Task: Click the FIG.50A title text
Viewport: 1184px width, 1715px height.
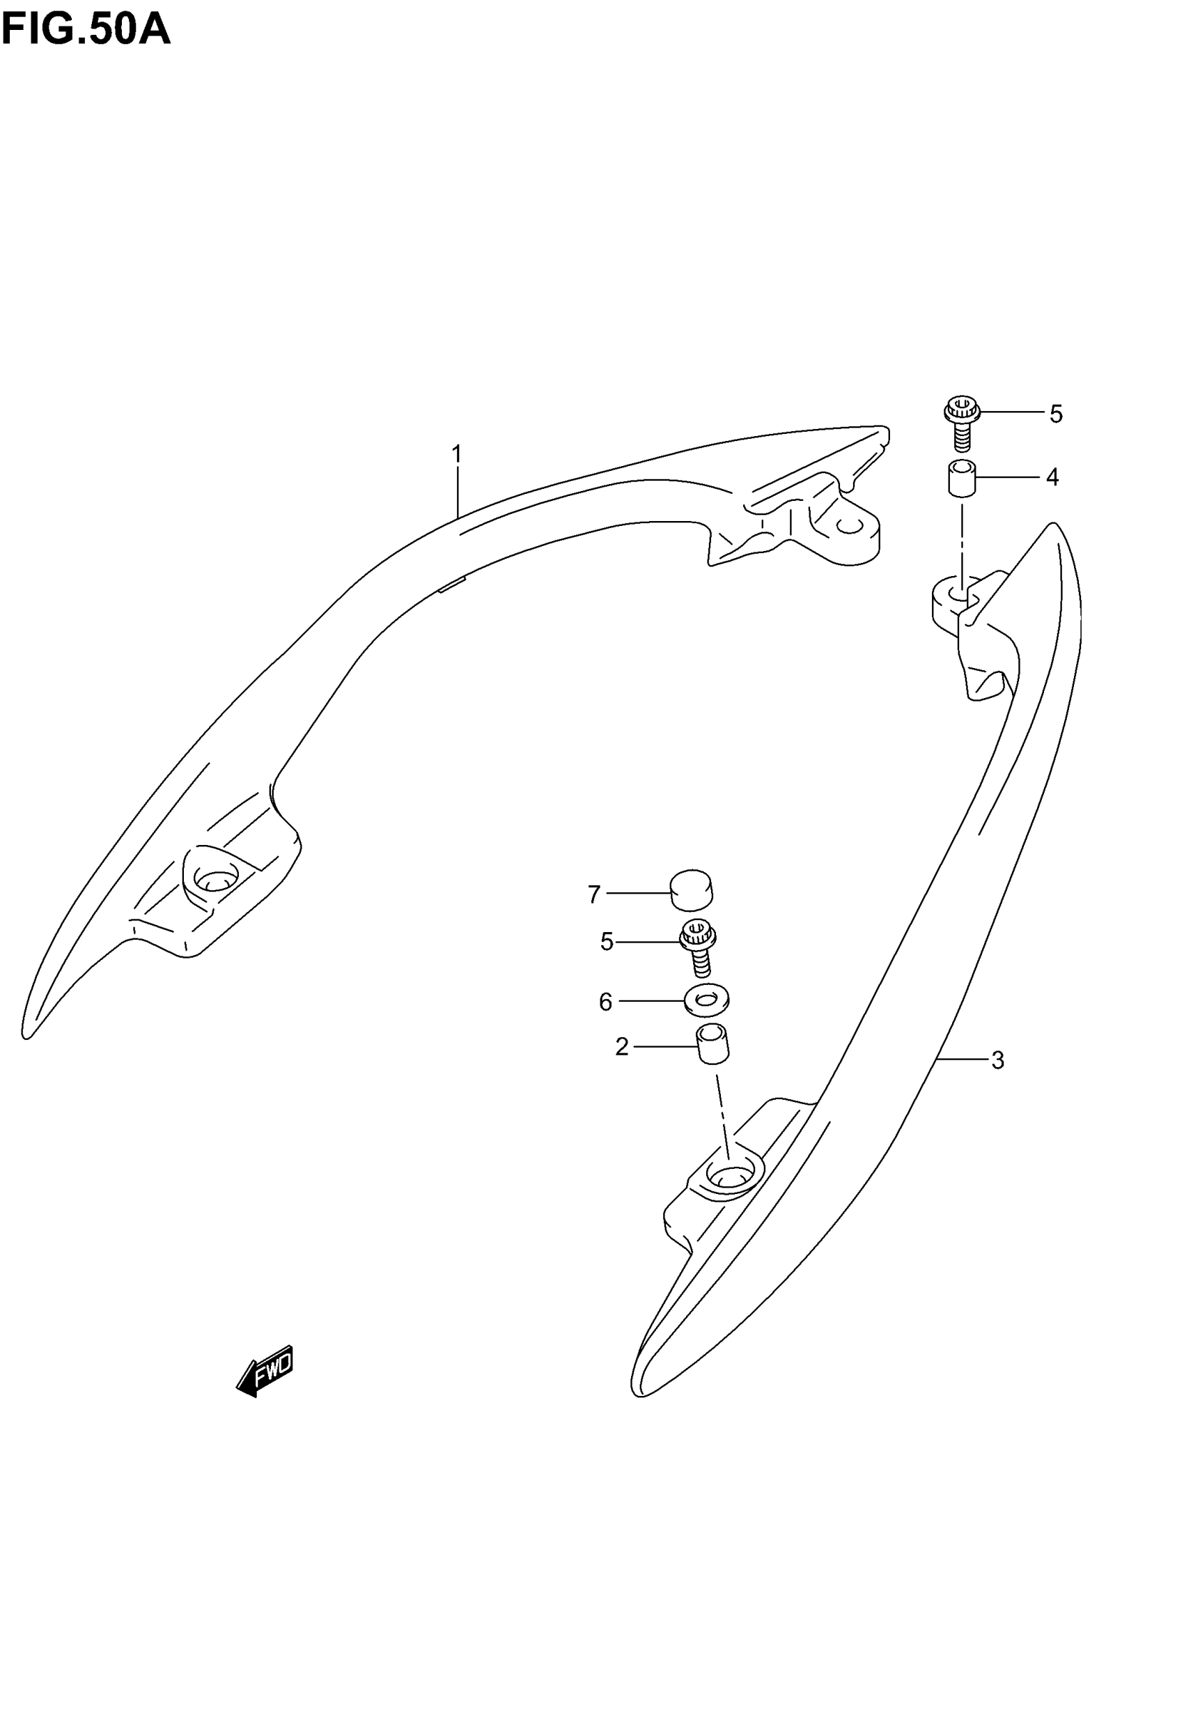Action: [86, 30]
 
